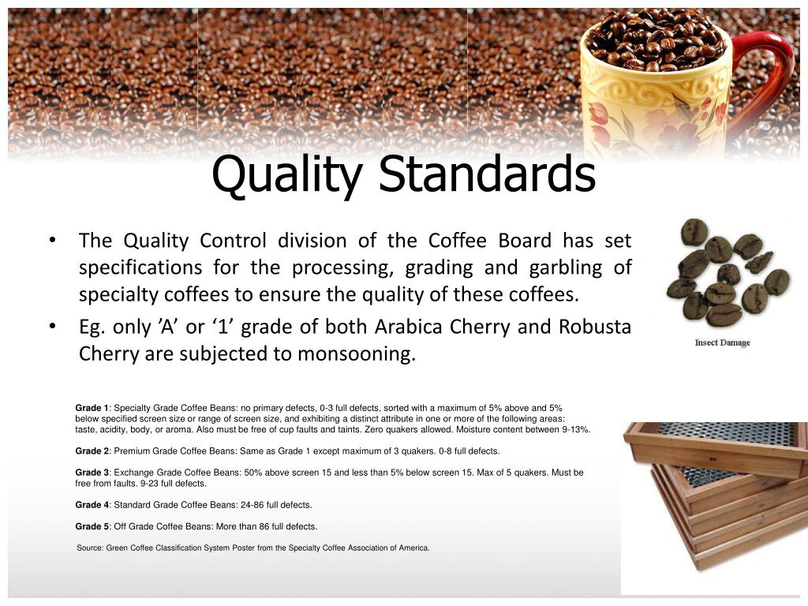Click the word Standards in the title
[x=487, y=175]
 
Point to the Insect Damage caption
[x=722, y=342]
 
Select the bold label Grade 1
[x=92, y=408]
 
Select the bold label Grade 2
[x=92, y=451]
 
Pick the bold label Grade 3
[x=92, y=473]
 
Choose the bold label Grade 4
[x=92, y=505]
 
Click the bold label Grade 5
[x=92, y=526]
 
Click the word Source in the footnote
[x=89, y=548]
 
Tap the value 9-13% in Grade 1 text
[x=574, y=430]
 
